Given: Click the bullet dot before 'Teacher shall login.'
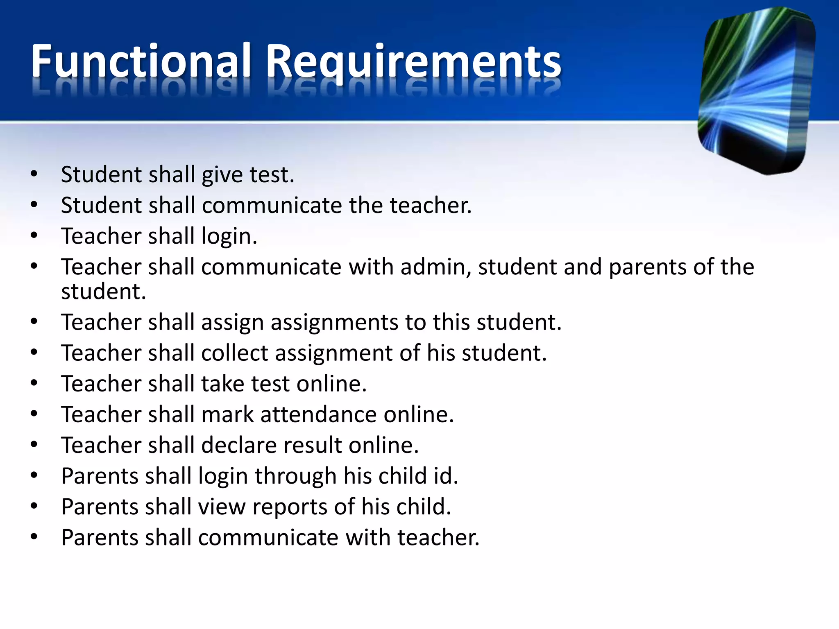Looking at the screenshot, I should (34, 236).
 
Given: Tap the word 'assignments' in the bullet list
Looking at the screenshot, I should (334, 322).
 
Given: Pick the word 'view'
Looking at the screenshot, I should (222, 507).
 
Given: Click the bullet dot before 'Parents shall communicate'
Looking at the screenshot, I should (34, 537).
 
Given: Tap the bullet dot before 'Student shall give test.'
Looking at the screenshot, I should (34, 174).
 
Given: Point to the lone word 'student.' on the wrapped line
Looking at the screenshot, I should (104, 292).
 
